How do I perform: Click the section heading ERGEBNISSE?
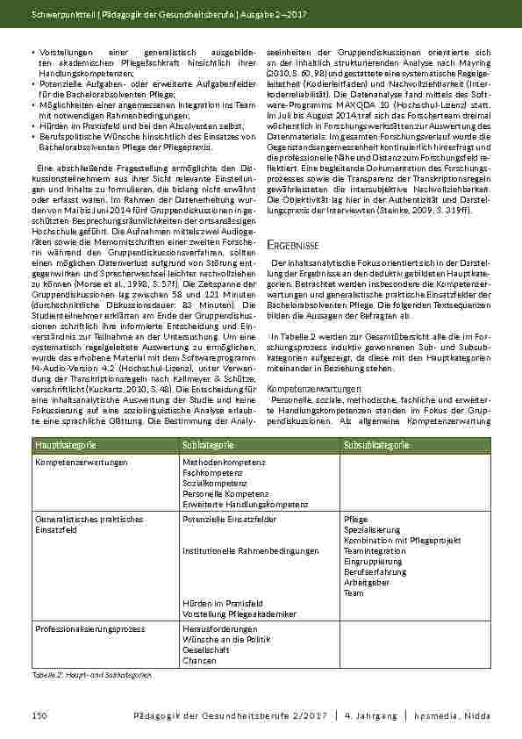tap(293, 243)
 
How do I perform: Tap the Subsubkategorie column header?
tap(375, 447)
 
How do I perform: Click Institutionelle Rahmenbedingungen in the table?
tap(251, 551)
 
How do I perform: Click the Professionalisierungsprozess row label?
tap(89, 629)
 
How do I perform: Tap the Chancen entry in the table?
tap(200, 660)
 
